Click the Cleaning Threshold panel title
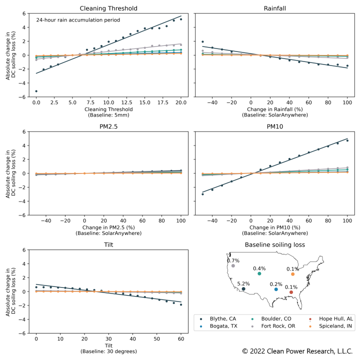(x=108, y=8)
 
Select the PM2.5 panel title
(x=108, y=127)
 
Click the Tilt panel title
(x=108, y=245)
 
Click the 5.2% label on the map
(x=243, y=283)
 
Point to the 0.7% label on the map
(x=233, y=260)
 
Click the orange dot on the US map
(x=292, y=274)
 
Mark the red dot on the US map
(x=291, y=292)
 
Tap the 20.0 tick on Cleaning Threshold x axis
(x=181, y=102)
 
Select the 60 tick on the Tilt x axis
(x=181, y=338)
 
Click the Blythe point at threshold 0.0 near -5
(x=36, y=91)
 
